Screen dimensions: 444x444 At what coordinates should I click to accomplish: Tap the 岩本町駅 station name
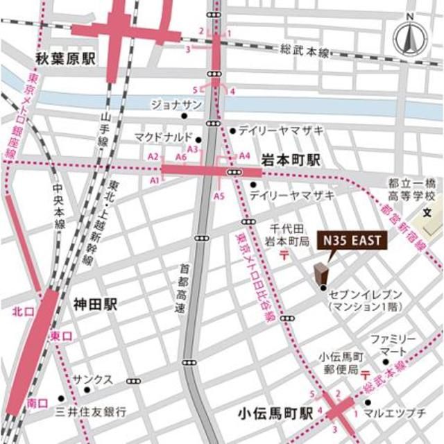(x=291, y=160)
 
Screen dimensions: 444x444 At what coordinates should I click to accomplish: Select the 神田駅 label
(x=95, y=303)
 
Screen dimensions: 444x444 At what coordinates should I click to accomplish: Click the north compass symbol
(x=409, y=39)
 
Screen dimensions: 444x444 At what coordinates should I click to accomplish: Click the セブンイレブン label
(x=366, y=293)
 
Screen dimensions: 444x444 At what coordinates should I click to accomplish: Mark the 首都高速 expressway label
(x=181, y=286)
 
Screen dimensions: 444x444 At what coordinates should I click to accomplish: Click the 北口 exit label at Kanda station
(x=22, y=313)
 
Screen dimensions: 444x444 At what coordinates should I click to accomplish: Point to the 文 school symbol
(x=427, y=211)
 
